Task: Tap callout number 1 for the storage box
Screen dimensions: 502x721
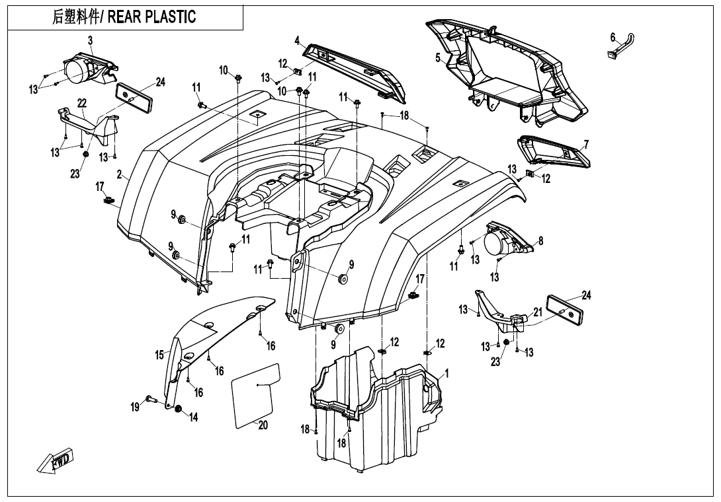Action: (x=447, y=373)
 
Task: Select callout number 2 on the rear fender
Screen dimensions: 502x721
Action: (x=119, y=175)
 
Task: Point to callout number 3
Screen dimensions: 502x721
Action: (x=90, y=40)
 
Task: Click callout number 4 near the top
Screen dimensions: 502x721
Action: (x=297, y=40)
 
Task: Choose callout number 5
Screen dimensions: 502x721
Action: (x=438, y=58)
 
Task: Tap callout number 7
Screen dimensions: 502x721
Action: (x=586, y=144)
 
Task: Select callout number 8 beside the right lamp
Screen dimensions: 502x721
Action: (x=540, y=241)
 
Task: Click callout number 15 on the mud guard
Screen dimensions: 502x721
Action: (x=159, y=355)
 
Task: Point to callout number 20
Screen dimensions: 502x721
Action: (x=263, y=425)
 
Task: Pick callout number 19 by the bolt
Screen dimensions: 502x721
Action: (x=135, y=407)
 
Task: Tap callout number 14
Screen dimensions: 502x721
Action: (x=194, y=417)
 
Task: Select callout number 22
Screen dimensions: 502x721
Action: (x=82, y=103)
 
